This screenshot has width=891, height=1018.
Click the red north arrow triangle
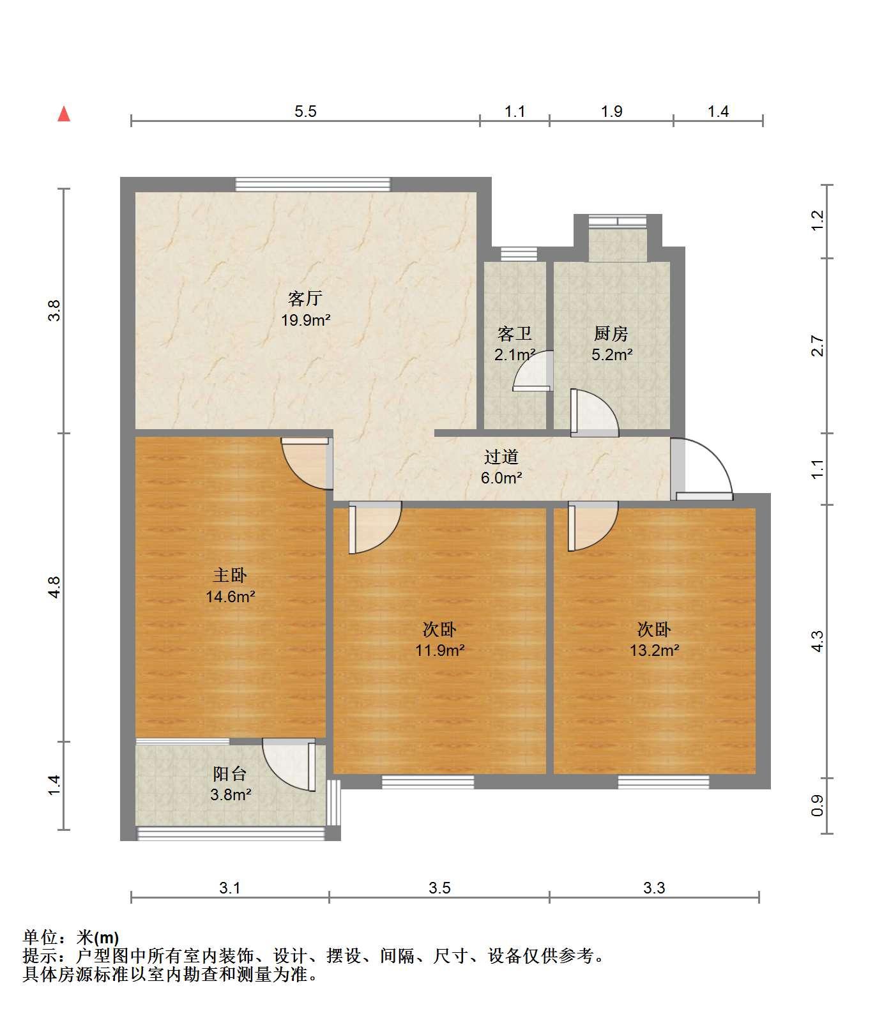click(64, 114)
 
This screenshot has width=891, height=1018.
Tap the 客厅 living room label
click(305, 298)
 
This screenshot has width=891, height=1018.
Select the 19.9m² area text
click(306, 321)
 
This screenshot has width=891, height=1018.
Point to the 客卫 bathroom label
click(515, 333)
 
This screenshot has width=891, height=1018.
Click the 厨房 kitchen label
click(611, 333)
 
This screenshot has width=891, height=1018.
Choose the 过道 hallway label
click(501, 457)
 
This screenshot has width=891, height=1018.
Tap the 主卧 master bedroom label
click(230, 575)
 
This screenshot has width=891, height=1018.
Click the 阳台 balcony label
click(230, 774)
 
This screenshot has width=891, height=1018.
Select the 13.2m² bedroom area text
click(654, 651)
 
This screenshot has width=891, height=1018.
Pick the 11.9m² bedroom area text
click(439, 651)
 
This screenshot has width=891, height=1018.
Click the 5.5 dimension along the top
click(305, 112)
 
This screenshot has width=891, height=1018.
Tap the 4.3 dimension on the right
click(818, 641)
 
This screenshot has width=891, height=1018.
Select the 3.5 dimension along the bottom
click(439, 888)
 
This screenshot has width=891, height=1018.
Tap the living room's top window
click(312, 184)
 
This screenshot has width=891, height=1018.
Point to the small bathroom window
click(515, 254)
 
